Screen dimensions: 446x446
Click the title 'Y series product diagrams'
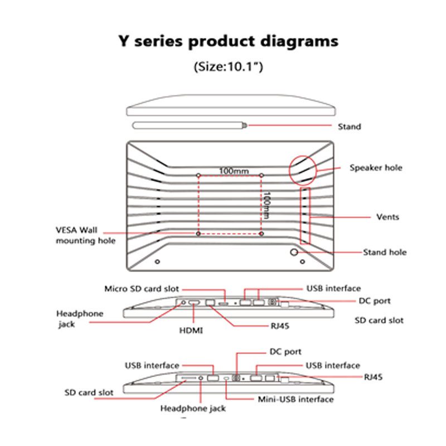pyautogui.click(x=229, y=41)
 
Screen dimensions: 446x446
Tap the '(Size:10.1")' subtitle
pyautogui.click(x=229, y=67)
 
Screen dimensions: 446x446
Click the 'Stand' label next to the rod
pyautogui.click(x=350, y=127)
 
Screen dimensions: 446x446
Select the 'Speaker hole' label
pyautogui.click(x=376, y=168)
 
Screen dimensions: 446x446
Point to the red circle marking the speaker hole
pyautogui.click(x=289, y=170)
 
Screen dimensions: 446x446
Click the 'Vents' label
pyautogui.click(x=387, y=217)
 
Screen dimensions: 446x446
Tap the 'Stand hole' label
pyautogui.click(x=385, y=253)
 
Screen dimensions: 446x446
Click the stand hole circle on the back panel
pyautogui.click(x=294, y=252)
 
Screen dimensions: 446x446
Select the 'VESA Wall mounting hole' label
pyautogui.click(x=85, y=235)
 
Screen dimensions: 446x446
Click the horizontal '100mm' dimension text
pyautogui.click(x=234, y=171)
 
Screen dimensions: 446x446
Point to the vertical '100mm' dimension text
pyautogui.click(x=266, y=206)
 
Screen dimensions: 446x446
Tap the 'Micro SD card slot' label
pyautogui.click(x=142, y=289)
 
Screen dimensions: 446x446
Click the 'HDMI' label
pyautogui.click(x=191, y=331)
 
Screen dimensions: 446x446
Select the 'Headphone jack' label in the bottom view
pyautogui.click(x=193, y=409)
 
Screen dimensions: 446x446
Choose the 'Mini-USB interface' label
pyautogui.click(x=295, y=400)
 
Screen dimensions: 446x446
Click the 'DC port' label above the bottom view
pyautogui.click(x=285, y=352)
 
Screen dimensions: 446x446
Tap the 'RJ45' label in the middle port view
pyautogui.click(x=280, y=326)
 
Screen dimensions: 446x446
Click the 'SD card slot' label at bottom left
pyautogui.click(x=89, y=392)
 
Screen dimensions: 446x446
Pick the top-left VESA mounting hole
pyautogui.click(x=198, y=175)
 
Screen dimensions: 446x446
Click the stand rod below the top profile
pyautogui.click(x=190, y=125)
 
